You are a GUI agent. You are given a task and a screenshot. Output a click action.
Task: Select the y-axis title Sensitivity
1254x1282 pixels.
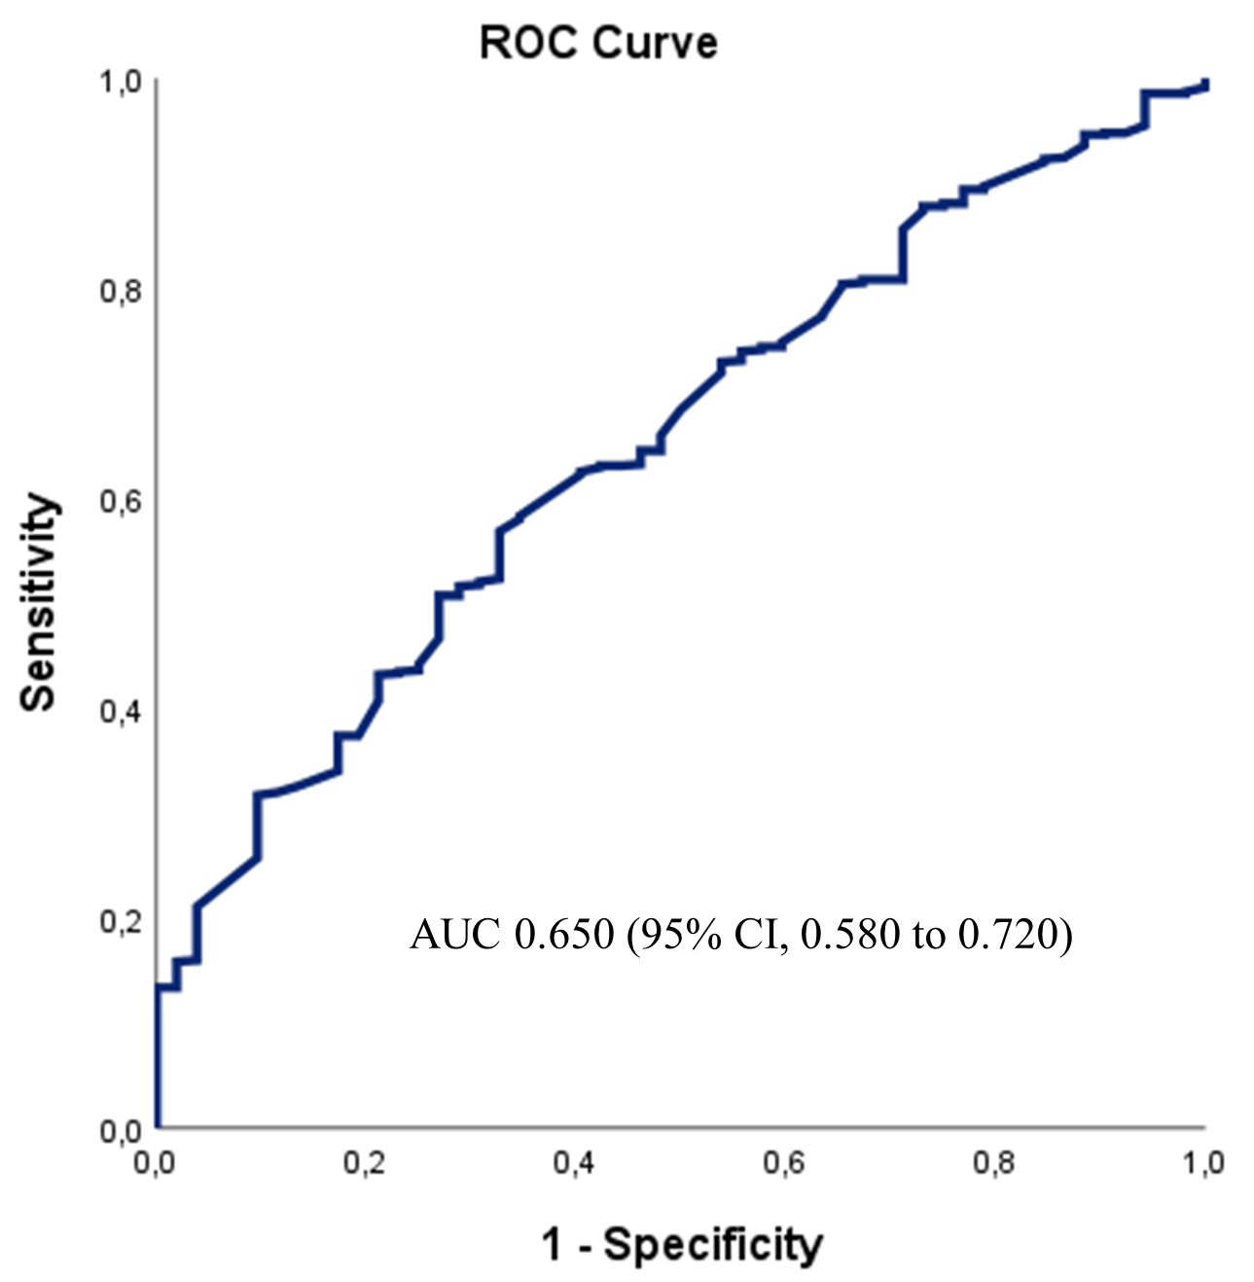(39, 602)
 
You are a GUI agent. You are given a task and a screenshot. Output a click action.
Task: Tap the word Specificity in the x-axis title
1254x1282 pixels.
(712, 1245)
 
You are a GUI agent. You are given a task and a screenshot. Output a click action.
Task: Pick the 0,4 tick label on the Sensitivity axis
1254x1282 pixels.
(121, 711)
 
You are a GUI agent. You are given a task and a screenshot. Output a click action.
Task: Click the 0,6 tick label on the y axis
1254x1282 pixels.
(121, 501)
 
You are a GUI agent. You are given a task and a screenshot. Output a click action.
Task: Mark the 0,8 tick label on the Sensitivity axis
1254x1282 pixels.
(121, 291)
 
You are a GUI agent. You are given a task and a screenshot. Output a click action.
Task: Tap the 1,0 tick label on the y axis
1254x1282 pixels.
(121, 82)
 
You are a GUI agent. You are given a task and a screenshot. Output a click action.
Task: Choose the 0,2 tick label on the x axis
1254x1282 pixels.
(364, 1163)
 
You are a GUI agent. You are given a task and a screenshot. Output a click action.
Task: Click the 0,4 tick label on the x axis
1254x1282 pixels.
(574, 1163)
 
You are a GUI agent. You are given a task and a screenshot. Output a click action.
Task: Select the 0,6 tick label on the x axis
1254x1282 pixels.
(784, 1163)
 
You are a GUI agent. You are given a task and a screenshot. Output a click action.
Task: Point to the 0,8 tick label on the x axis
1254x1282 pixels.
(994, 1163)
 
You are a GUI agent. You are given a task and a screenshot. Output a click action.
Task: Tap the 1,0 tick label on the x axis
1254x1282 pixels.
(1202, 1163)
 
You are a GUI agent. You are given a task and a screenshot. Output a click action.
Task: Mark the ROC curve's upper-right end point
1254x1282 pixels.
(1204, 86)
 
